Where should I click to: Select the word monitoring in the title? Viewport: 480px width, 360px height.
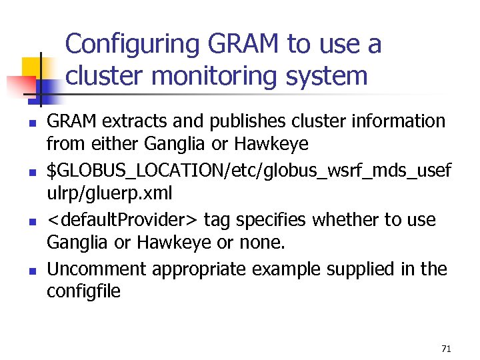[x=215, y=75]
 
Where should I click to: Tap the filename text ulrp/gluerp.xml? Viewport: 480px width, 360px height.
[x=109, y=195]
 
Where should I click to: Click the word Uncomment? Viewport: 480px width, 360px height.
[x=97, y=269]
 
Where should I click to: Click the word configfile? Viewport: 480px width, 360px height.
[x=83, y=292]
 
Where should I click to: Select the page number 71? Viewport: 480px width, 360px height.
[x=446, y=349]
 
